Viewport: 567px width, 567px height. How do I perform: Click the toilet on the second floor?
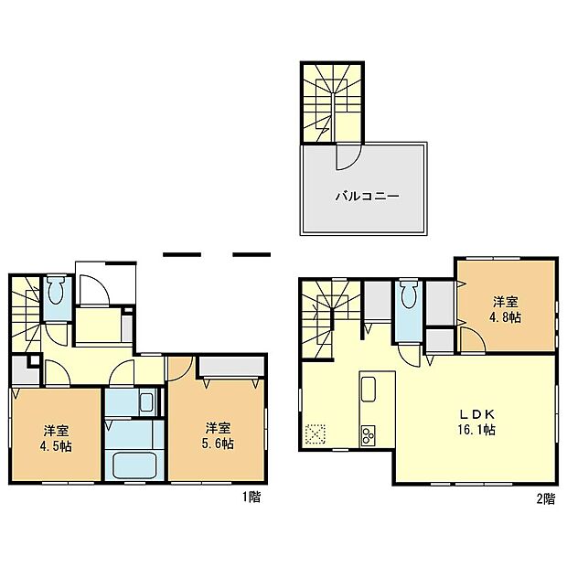pos(408,297)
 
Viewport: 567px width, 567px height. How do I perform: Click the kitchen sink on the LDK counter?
pos(369,390)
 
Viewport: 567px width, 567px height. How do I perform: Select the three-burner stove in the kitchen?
pos(370,433)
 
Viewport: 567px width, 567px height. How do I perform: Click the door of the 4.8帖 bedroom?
pos(472,342)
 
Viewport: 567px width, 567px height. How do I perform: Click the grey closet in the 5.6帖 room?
pos(230,368)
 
